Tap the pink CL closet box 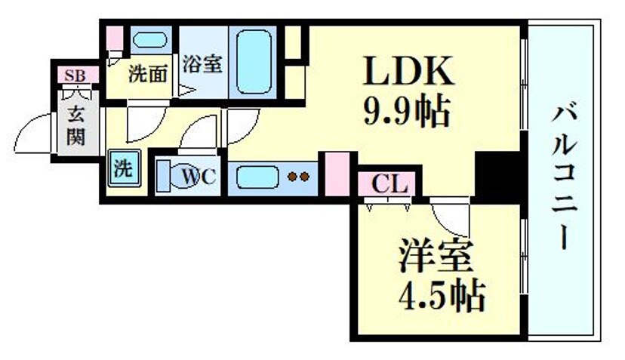point(389,183)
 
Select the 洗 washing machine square point(122,168)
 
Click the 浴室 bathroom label point(202,64)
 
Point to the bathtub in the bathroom point(254,60)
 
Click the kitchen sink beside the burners point(257,178)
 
